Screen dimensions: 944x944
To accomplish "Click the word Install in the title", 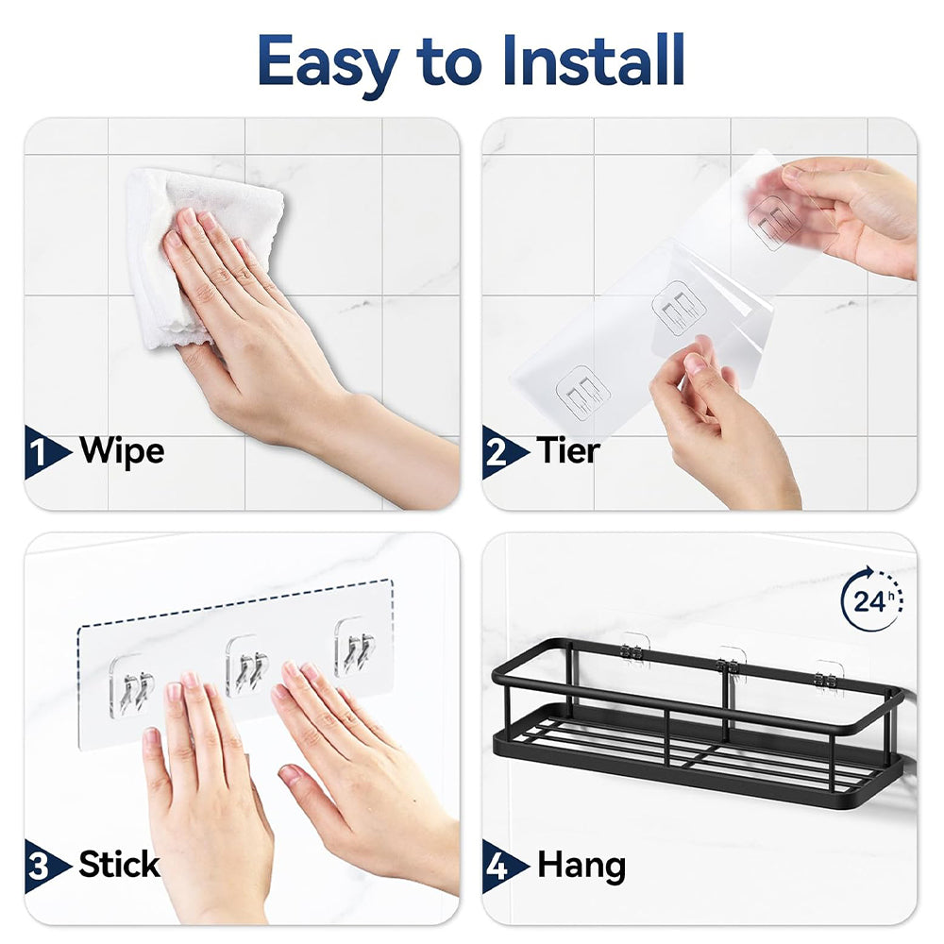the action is coord(593,60).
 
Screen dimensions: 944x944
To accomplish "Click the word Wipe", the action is coord(122,451).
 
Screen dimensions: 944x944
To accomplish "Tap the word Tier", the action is coord(568,450).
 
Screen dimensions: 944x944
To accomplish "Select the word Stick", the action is coord(119,865).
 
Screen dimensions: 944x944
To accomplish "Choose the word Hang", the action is coord(582,867).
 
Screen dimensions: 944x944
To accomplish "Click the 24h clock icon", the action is coord(872,599).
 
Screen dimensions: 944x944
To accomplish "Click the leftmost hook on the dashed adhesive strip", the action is coord(131,685).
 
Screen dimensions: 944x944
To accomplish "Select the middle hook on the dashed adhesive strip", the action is coord(246,666).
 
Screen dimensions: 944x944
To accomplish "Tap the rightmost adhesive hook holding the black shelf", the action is coord(829,678).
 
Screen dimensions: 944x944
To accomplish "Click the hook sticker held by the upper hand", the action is coord(775,221).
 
